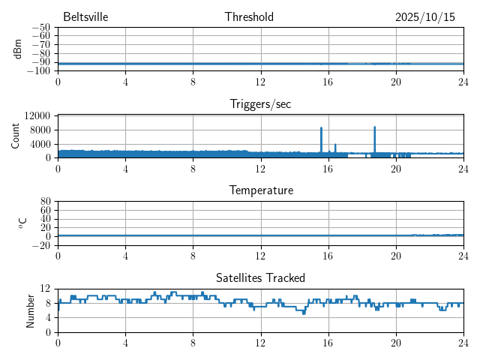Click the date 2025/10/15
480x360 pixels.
click(x=424, y=17)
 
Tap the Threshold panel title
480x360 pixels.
click(x=249, y=17)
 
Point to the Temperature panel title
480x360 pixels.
click(x=260, y=190)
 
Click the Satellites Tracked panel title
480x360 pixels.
click(x=260, y=277)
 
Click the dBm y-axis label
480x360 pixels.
click(x=18, y=49)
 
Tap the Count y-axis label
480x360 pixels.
click(x=15, y=136)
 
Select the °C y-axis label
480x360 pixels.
click(x=22, y=223)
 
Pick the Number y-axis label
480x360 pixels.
click(x=31, y=310)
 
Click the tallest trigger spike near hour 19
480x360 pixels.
click(x=374, y=128)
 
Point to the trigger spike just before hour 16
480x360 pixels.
click(x=321, y=129)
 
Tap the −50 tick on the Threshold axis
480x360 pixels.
click(x=41, y=28)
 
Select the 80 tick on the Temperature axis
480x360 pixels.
click(x=45, y=202)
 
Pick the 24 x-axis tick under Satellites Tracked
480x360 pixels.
click(x=463, y=341)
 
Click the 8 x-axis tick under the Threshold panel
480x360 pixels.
click(x=193, y=80)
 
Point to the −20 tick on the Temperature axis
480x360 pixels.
click(x=41, y=245)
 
